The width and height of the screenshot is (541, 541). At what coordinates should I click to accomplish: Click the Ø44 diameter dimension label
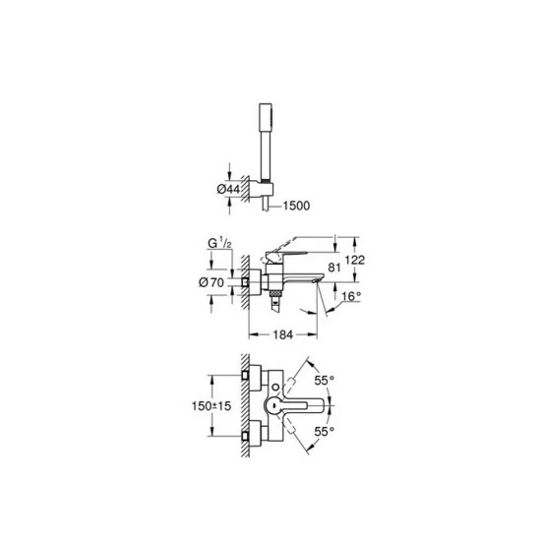click(x=228, y=189)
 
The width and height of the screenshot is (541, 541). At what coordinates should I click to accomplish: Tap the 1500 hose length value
click(x=296, y=206)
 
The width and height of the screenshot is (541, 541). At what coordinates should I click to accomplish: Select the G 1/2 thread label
click(x=219, y=244)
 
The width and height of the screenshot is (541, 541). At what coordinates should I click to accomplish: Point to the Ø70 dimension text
click(x=211, y=282)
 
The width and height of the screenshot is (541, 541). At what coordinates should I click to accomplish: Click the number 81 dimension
click(x=334, y=268)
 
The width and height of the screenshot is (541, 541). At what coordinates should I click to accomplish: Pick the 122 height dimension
click(x=355, y=260)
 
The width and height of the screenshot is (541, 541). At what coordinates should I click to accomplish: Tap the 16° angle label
click(x=351, y=296)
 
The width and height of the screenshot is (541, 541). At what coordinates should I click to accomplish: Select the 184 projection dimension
click(x=283, y=334)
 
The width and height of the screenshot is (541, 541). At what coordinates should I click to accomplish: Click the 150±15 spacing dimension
click(x=211, y=406)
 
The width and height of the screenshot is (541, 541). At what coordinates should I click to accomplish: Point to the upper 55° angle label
click(x=324, y=381)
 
